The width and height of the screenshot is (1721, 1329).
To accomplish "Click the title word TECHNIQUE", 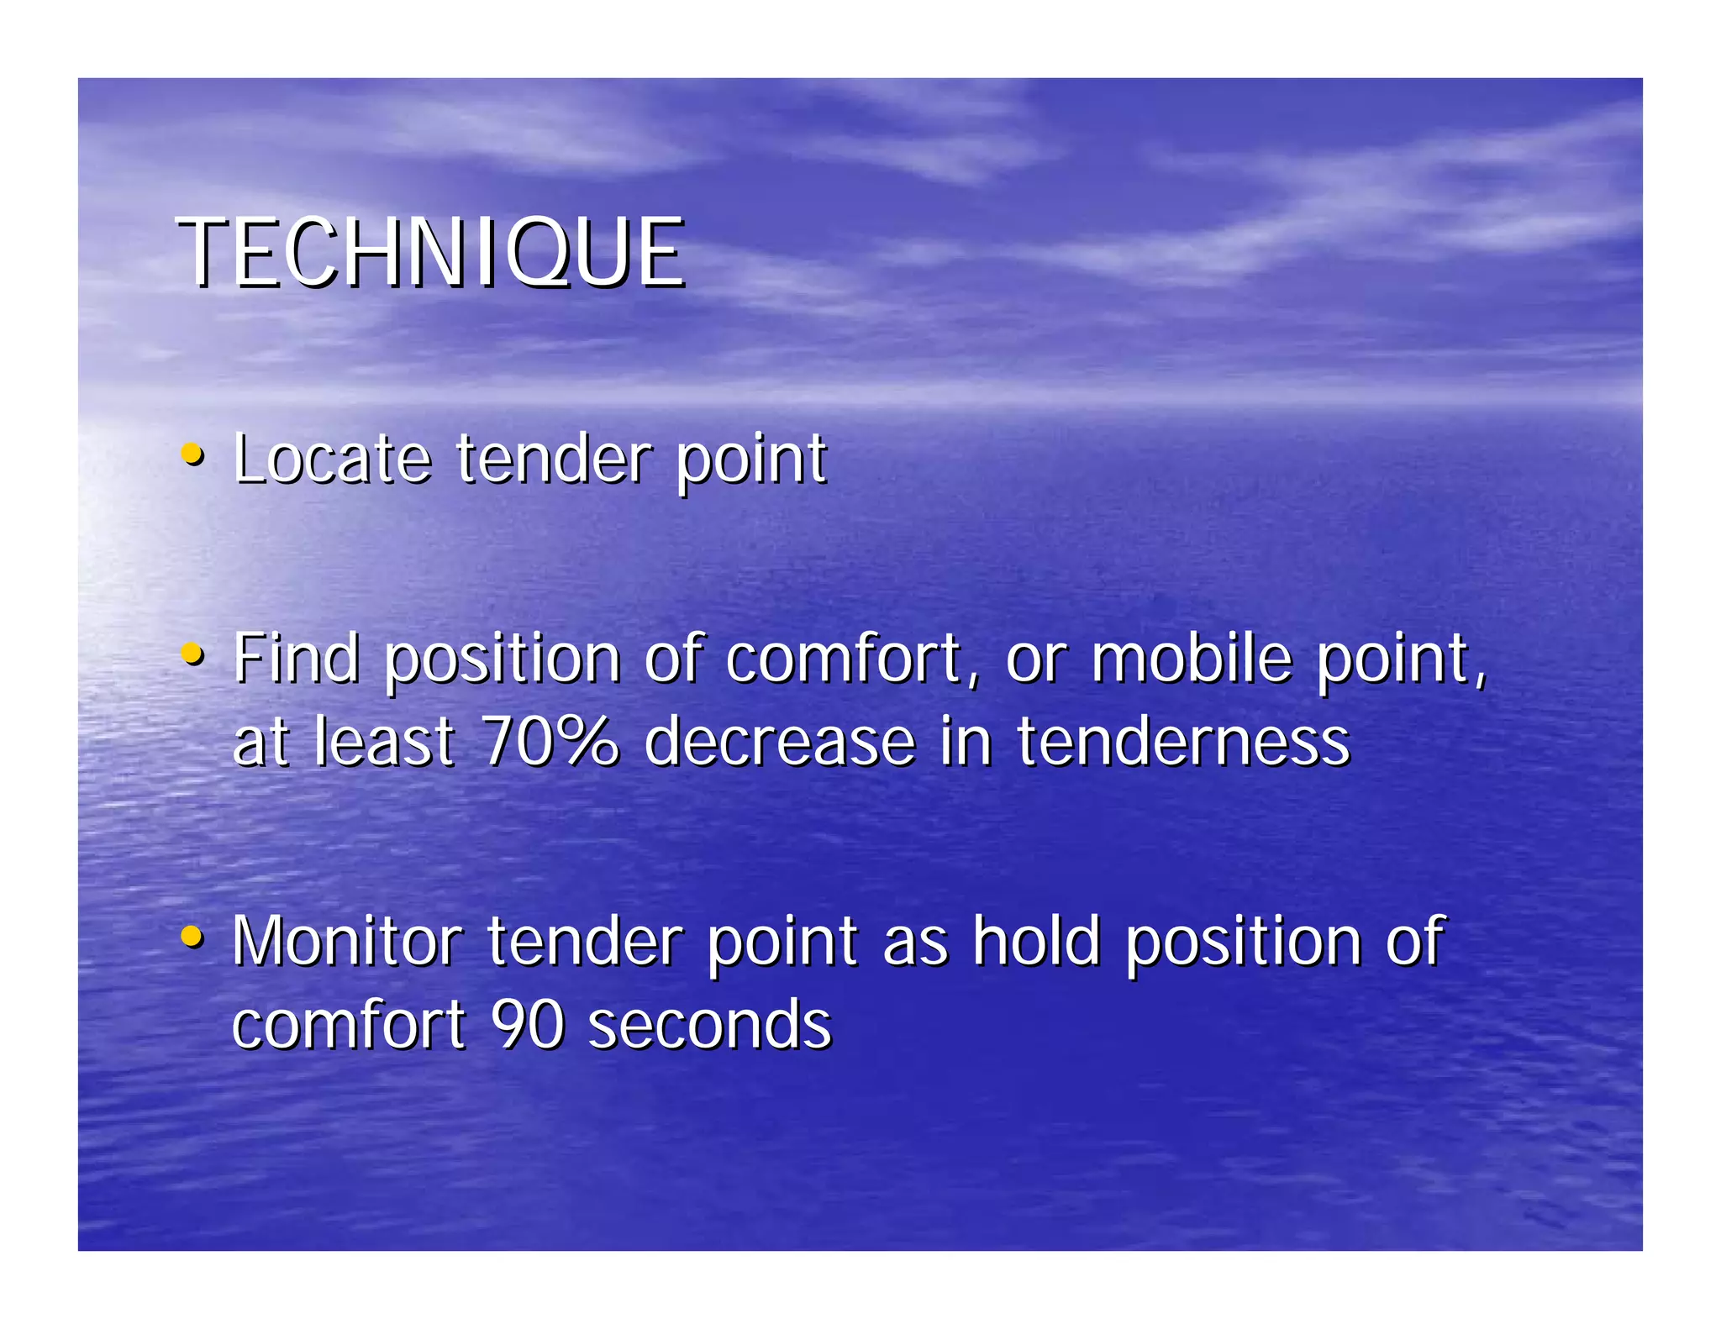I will point(431,252).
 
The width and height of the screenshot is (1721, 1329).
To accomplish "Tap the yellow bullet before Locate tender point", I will point(192,455).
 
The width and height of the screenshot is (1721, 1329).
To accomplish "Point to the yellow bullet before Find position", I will point(192,654).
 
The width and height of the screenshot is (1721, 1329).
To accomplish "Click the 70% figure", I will point(550,741).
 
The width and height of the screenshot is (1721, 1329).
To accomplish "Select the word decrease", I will point(779,741).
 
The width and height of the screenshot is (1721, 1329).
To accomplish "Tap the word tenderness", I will point(1183,741).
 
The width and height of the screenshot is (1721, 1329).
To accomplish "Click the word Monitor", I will point(347,941).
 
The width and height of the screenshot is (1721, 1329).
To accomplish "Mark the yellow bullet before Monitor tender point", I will point(192,936).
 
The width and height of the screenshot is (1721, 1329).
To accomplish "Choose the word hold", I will point(1036,941).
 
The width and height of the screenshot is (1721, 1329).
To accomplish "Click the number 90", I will point(527,1025).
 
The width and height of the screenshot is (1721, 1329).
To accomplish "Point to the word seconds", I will point(709,1025).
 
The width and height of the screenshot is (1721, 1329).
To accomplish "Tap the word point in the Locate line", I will point(751,460).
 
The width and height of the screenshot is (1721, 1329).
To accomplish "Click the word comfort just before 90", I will point(348,1025).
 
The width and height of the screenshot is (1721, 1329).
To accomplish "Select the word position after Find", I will point(502,659).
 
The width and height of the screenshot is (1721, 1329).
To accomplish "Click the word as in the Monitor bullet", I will point(915,943).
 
